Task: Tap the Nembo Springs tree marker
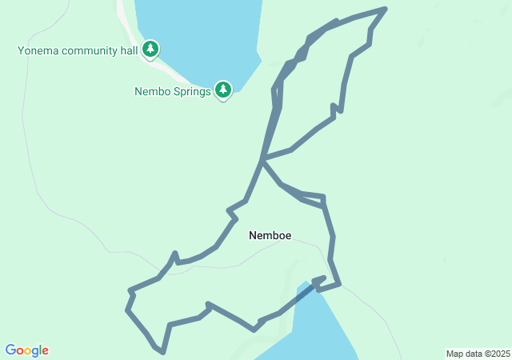click(x=223, y=90)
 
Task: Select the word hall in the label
click(x=128, y=51)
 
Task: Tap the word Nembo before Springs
click(x=151, y=91)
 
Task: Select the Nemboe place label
click(x=270, y=235)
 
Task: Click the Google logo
click(x=26, y=350)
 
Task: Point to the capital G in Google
click(x=10, y=350)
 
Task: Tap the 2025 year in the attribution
click(x=498, y=354)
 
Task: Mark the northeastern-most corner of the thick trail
click(x=386, y=10)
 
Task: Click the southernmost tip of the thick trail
click(x=163, y=351)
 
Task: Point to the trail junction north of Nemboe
click(x=262, y=159)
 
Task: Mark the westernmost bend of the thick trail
click(x=127, y=309)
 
